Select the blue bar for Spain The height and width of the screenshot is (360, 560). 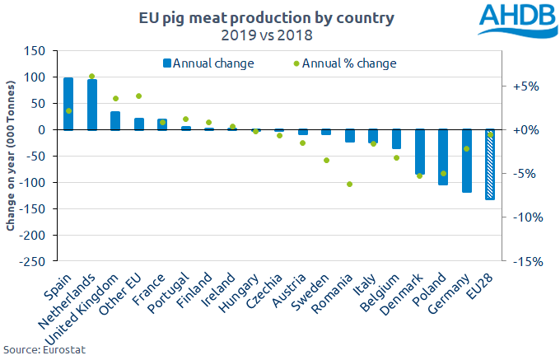(x=68, y=104)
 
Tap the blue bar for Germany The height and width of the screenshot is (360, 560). (x=467, y=161)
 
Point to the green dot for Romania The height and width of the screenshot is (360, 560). (x=349, y=185)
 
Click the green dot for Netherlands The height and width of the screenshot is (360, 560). (x=92, y=77)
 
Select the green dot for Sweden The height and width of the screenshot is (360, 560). (x=326, y=160)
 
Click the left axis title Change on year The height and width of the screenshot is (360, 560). (x=12, y=157)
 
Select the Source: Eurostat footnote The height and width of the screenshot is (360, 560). (x=44, y=350)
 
